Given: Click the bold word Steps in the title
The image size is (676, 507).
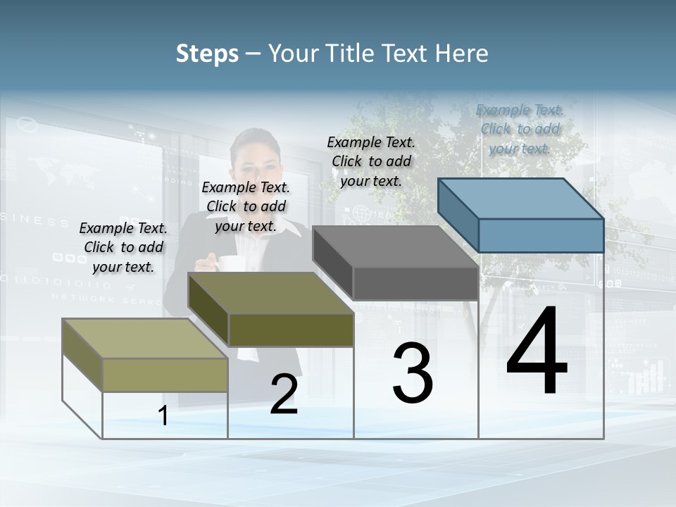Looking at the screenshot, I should point(207,54).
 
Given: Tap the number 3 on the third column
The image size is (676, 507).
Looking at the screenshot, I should point(413,373).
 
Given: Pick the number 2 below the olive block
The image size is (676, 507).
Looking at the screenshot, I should point(284,394).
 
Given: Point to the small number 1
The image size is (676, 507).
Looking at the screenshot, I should point(163,416).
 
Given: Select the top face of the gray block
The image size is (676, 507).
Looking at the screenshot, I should point(394,246).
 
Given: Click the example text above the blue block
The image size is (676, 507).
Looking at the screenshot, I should point(520,129).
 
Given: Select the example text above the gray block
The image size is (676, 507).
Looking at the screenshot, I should point(371,161).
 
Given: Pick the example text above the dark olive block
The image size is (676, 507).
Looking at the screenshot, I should point(246,206).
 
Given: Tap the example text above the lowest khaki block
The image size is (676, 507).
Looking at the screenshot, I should point(123,247).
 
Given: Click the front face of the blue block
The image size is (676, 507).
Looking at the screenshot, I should point(541,235).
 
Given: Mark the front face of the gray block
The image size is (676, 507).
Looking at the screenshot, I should point(415,284).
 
